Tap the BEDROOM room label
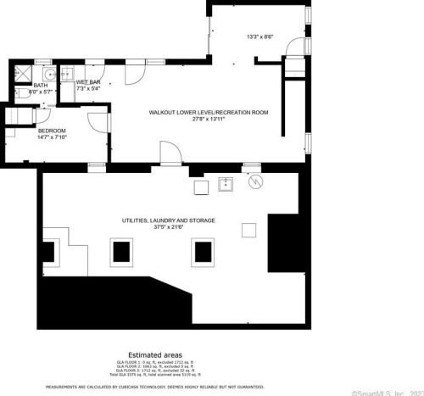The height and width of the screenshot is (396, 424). pyautogui.click(x=52, y=131)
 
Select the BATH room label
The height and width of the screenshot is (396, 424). pyautogui.click(x=41, y=85)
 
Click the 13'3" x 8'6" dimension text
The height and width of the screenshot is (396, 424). pyautogui.click(x=259, y=36)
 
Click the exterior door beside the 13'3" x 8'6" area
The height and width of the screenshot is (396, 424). pyautogui.click(x=294, y=53)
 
